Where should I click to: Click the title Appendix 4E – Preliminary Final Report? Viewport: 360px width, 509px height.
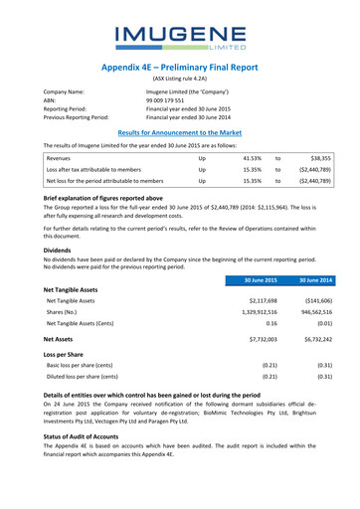(180, 63)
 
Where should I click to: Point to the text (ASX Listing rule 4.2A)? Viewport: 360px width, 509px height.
(180, 79)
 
